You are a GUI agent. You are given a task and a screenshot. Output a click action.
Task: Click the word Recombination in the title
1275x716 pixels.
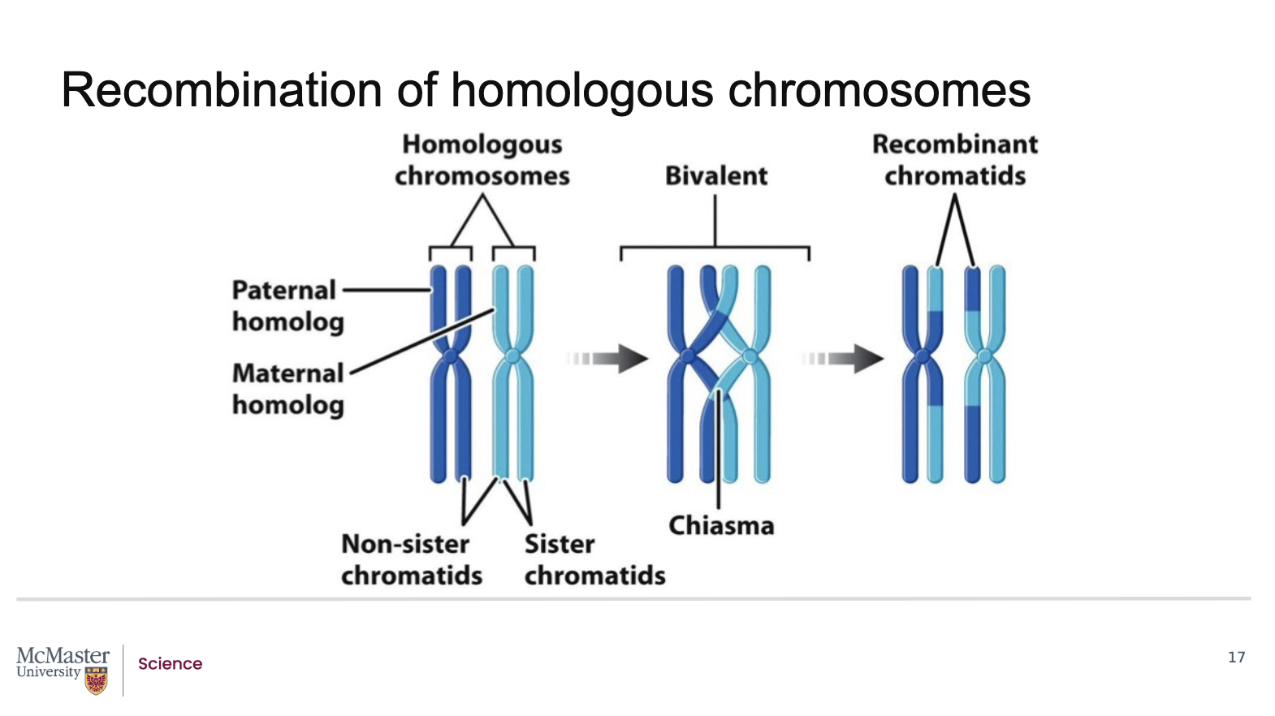point(221,90)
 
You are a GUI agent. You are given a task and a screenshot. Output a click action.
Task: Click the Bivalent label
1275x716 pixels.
point(715,176)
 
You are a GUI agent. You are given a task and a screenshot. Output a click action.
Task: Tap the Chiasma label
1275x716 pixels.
point(721,526)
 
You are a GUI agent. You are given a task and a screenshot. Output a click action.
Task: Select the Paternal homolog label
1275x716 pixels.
point(287,306)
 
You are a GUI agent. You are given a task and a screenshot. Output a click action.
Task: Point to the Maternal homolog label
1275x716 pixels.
point(287,389)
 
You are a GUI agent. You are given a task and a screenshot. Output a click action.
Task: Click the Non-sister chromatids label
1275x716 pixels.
point(411,559)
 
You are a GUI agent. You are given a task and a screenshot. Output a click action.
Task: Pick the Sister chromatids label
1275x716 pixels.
point(594,559)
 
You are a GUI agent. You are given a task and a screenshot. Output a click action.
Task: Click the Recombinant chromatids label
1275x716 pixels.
point(955,160)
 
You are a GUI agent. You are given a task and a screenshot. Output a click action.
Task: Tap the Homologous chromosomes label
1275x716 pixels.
point(482,160)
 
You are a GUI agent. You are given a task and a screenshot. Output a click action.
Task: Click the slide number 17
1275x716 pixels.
point(1236,658)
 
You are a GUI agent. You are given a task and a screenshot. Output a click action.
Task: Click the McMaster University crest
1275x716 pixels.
point(97,680)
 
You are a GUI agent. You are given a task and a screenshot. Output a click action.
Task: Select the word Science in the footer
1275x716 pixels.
point(170,664)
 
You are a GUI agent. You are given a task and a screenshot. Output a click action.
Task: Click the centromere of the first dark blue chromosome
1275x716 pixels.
point(449,356)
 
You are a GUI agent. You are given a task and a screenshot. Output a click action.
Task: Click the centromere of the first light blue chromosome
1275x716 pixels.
point(512,356)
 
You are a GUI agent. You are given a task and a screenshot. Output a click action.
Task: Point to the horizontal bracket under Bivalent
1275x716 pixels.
point(715,247)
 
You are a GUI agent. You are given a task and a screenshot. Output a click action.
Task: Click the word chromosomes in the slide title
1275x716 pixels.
point(879,90)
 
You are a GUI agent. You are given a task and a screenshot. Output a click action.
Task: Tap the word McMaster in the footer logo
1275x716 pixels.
point(63,655)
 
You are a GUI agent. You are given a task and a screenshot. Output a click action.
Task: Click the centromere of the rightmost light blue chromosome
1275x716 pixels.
point(985,356)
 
